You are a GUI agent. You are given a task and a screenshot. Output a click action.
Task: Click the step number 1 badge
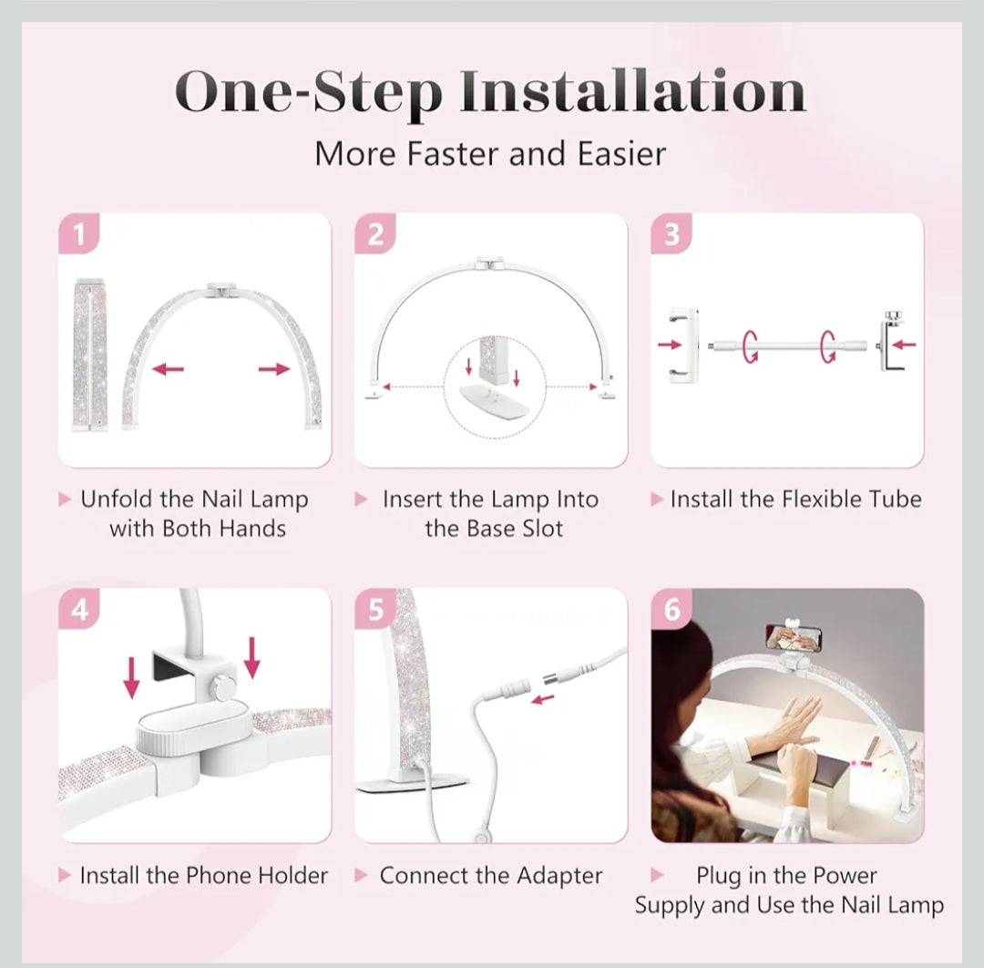point(79,233)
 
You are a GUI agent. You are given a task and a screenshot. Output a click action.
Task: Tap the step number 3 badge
point(671,233)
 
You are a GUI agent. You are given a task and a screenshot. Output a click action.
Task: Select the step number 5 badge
point(375,609)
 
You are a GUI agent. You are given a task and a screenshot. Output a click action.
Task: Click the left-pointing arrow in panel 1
point(169,368)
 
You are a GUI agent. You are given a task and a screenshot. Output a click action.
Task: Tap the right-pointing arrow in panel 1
point(274,368)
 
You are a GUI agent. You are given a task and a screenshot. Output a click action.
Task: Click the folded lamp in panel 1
point(89,355)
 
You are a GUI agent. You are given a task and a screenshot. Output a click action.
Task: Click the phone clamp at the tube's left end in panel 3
point(682,345)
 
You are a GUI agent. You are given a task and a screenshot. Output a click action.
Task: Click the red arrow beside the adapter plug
point(543,699)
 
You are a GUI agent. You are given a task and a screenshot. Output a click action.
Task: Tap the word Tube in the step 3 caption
point(895,499)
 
